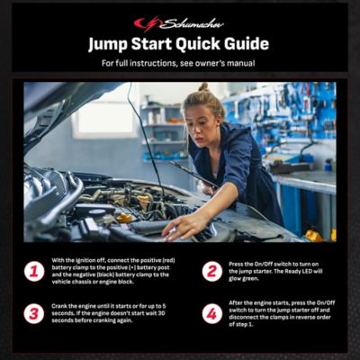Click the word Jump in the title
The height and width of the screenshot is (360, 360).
click(112, 44)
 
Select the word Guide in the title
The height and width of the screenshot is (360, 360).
click(241, 44)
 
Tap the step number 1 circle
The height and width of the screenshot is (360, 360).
click(34, 271)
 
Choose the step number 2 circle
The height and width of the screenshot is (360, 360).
click(211, 271)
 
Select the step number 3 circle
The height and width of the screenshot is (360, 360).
click(34, 314)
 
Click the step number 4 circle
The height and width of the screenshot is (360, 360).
click(211, 314)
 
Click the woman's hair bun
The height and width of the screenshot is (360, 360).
click(204, 88)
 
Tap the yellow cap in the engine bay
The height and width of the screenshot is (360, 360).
click(124, 217)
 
